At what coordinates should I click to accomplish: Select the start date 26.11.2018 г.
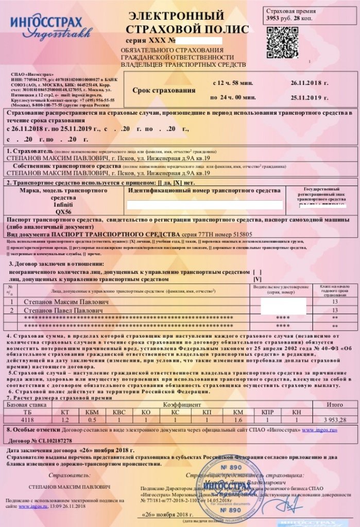click(309, 83)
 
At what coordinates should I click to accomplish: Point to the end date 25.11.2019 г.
click(309, 97)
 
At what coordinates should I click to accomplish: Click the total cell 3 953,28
click(334, 420)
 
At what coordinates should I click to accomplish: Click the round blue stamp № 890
click(227, 486)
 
